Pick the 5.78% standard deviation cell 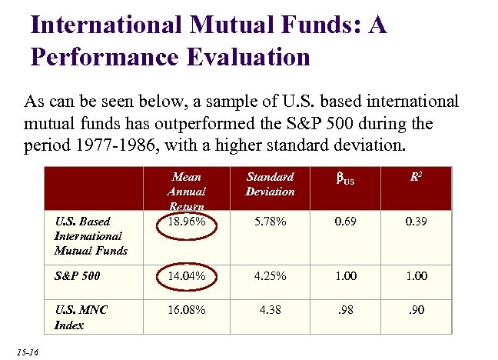(x=270, y=222)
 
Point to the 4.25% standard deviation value (x=270, y=275)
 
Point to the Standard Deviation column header (x=270, y=184)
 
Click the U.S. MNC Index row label (x=81, y=318)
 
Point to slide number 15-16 (x=27, y=351)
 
